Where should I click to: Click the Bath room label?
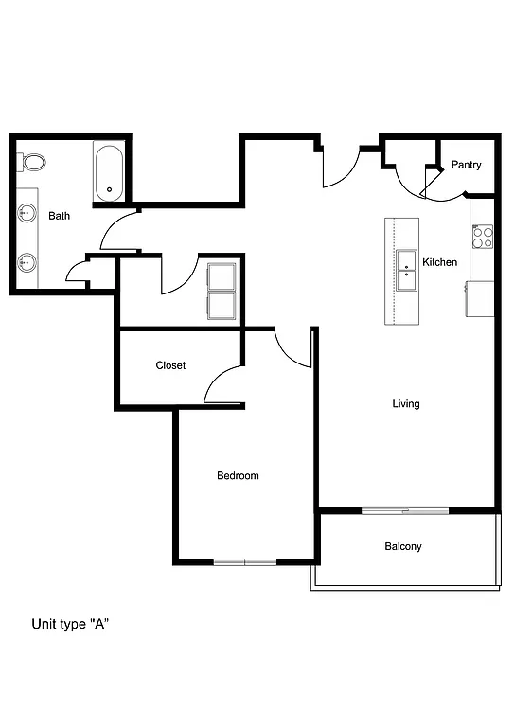click(x=60, y=216)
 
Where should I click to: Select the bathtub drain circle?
click(x=110, y=189)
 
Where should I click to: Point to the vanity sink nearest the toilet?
click(x=27, y=215)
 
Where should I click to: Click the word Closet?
click(x=170, y=365)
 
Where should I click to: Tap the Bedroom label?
click(x=238, y=476)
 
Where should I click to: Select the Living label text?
click(x=406, y=404)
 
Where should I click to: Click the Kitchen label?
click(x=439, y=262)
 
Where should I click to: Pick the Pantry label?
click(x=466, y=165)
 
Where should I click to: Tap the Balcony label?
click(x=403, y=547)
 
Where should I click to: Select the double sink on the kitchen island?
click(x=406, y=272)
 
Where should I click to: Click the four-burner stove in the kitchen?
click(x=483, y=235)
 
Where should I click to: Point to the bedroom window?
click(x=244, y=562)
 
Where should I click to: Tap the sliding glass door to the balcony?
click(x=404, y=511)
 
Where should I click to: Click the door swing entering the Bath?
click(x=120, y=231)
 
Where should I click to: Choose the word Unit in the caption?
click(x=44, y=624)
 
